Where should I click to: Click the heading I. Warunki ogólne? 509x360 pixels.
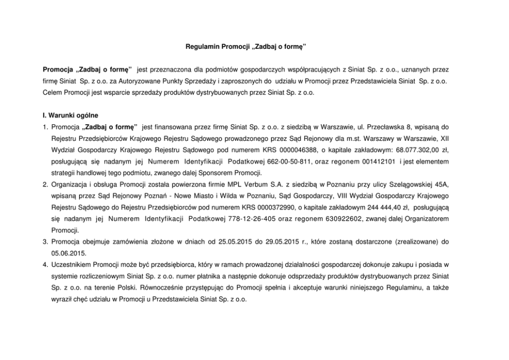tap(71, 115)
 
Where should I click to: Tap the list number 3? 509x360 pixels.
tap(45, 241)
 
